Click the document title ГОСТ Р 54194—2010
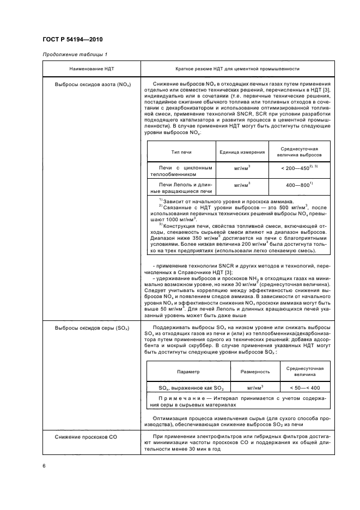72,40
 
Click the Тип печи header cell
181,152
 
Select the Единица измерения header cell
242,152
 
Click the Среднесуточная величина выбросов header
299,152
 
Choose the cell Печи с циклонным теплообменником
181,172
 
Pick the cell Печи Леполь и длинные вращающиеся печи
181,188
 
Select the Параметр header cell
188,371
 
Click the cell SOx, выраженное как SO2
188,388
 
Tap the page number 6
44,465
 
